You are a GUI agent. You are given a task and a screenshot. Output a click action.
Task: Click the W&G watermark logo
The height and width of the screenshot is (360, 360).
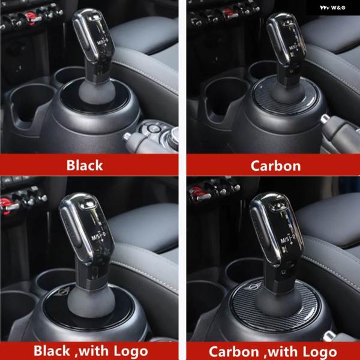pyautogui.click(x=332, y=8)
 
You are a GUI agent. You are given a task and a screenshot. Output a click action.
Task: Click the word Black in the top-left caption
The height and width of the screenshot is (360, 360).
pyautogui.click(x=85, y=165)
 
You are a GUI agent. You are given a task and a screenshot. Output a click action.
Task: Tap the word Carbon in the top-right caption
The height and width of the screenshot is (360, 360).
pyautogui.click(x=275, y=166)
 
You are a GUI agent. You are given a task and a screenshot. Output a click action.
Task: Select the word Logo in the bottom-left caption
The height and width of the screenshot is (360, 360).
pyautogui.click(x=131, y=351)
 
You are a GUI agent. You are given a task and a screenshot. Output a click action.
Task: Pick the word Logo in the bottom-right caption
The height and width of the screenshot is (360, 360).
pyautogui.click(x=320, y=352)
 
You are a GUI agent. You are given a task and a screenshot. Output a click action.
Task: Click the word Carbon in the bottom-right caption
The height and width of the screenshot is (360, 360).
pyautogui.click(x=233, y=352)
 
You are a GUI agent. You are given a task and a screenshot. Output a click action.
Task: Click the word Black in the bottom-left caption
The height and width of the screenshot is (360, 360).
pyautogui.click(x=52, y=351)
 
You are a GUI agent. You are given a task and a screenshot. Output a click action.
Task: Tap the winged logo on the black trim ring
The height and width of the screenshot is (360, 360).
pyautogui.click(x=62, y=292)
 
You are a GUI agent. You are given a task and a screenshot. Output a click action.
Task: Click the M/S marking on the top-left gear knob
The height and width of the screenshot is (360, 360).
pyautogui.click(x=100, y=43)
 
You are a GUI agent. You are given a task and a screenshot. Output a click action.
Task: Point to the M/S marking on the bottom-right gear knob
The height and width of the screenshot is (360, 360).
pyautogui.click(x=284, y=241)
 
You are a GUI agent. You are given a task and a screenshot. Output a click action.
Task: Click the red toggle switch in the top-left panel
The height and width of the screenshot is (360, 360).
pyautogui.click(x=31, y=18)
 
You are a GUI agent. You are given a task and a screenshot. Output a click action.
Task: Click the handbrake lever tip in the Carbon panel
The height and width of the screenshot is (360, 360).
pyautogui.click(x=325, y=119)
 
